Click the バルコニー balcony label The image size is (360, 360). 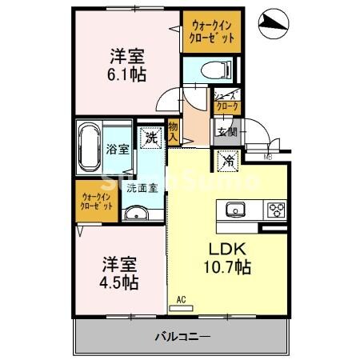click(182, 337)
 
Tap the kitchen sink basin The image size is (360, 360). click(234, 210)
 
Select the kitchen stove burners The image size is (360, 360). click(276, 210)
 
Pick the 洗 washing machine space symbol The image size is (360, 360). click(150, 137)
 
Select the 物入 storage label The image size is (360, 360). click(174, 131)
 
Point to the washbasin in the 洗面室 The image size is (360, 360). click(138, 212)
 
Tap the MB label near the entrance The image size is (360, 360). click(267, 157)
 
